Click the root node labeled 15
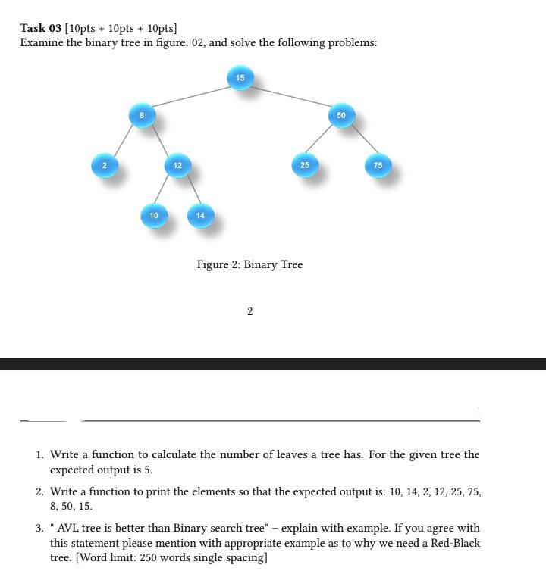[x=240, y=78]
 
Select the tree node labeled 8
[x=142, y=115]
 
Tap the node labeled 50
[x=341, y=115]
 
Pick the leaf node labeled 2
[x=105, y=165]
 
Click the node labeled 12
[x=177, y=165]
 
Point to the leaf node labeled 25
[x=304, y=165]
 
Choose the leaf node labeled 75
[x=378, y=165]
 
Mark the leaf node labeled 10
[x=154, y=216]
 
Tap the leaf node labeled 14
[x=200, y=216]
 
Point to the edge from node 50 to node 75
[x=360, y=141]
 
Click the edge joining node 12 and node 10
[x=166, y=190]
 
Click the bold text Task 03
[x=40, y=28]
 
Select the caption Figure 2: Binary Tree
[x=249, y=264]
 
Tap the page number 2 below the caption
[x=249, y=311]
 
